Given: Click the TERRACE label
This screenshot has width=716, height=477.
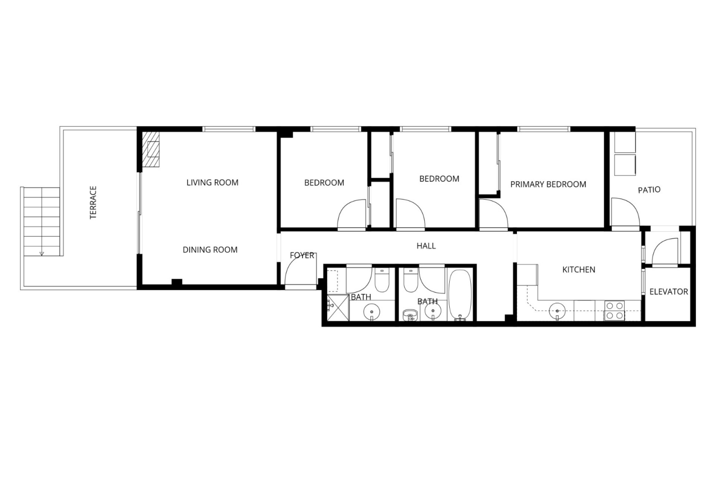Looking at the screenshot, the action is (x=93, y=202).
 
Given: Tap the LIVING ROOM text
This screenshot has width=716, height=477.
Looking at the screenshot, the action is (x=212, y=183).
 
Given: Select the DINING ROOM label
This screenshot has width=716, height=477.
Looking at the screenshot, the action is (x=210, y=250).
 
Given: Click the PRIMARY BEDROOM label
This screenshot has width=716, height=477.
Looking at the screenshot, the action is (x=548, y=184).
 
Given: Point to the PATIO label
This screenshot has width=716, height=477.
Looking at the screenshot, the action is (x=649, y=190).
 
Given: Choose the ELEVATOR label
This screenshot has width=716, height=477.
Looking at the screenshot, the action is (x=669, y=292).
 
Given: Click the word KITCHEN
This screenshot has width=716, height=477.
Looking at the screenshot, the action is (x=579, y=269).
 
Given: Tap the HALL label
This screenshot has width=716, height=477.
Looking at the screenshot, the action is (x=426, y=246).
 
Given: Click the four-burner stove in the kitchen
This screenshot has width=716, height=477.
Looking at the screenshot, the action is (x=615, y=310).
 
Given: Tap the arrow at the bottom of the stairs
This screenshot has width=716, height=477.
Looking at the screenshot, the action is (x=42, y=253).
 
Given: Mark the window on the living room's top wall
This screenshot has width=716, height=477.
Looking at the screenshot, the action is (x=229, y=129).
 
